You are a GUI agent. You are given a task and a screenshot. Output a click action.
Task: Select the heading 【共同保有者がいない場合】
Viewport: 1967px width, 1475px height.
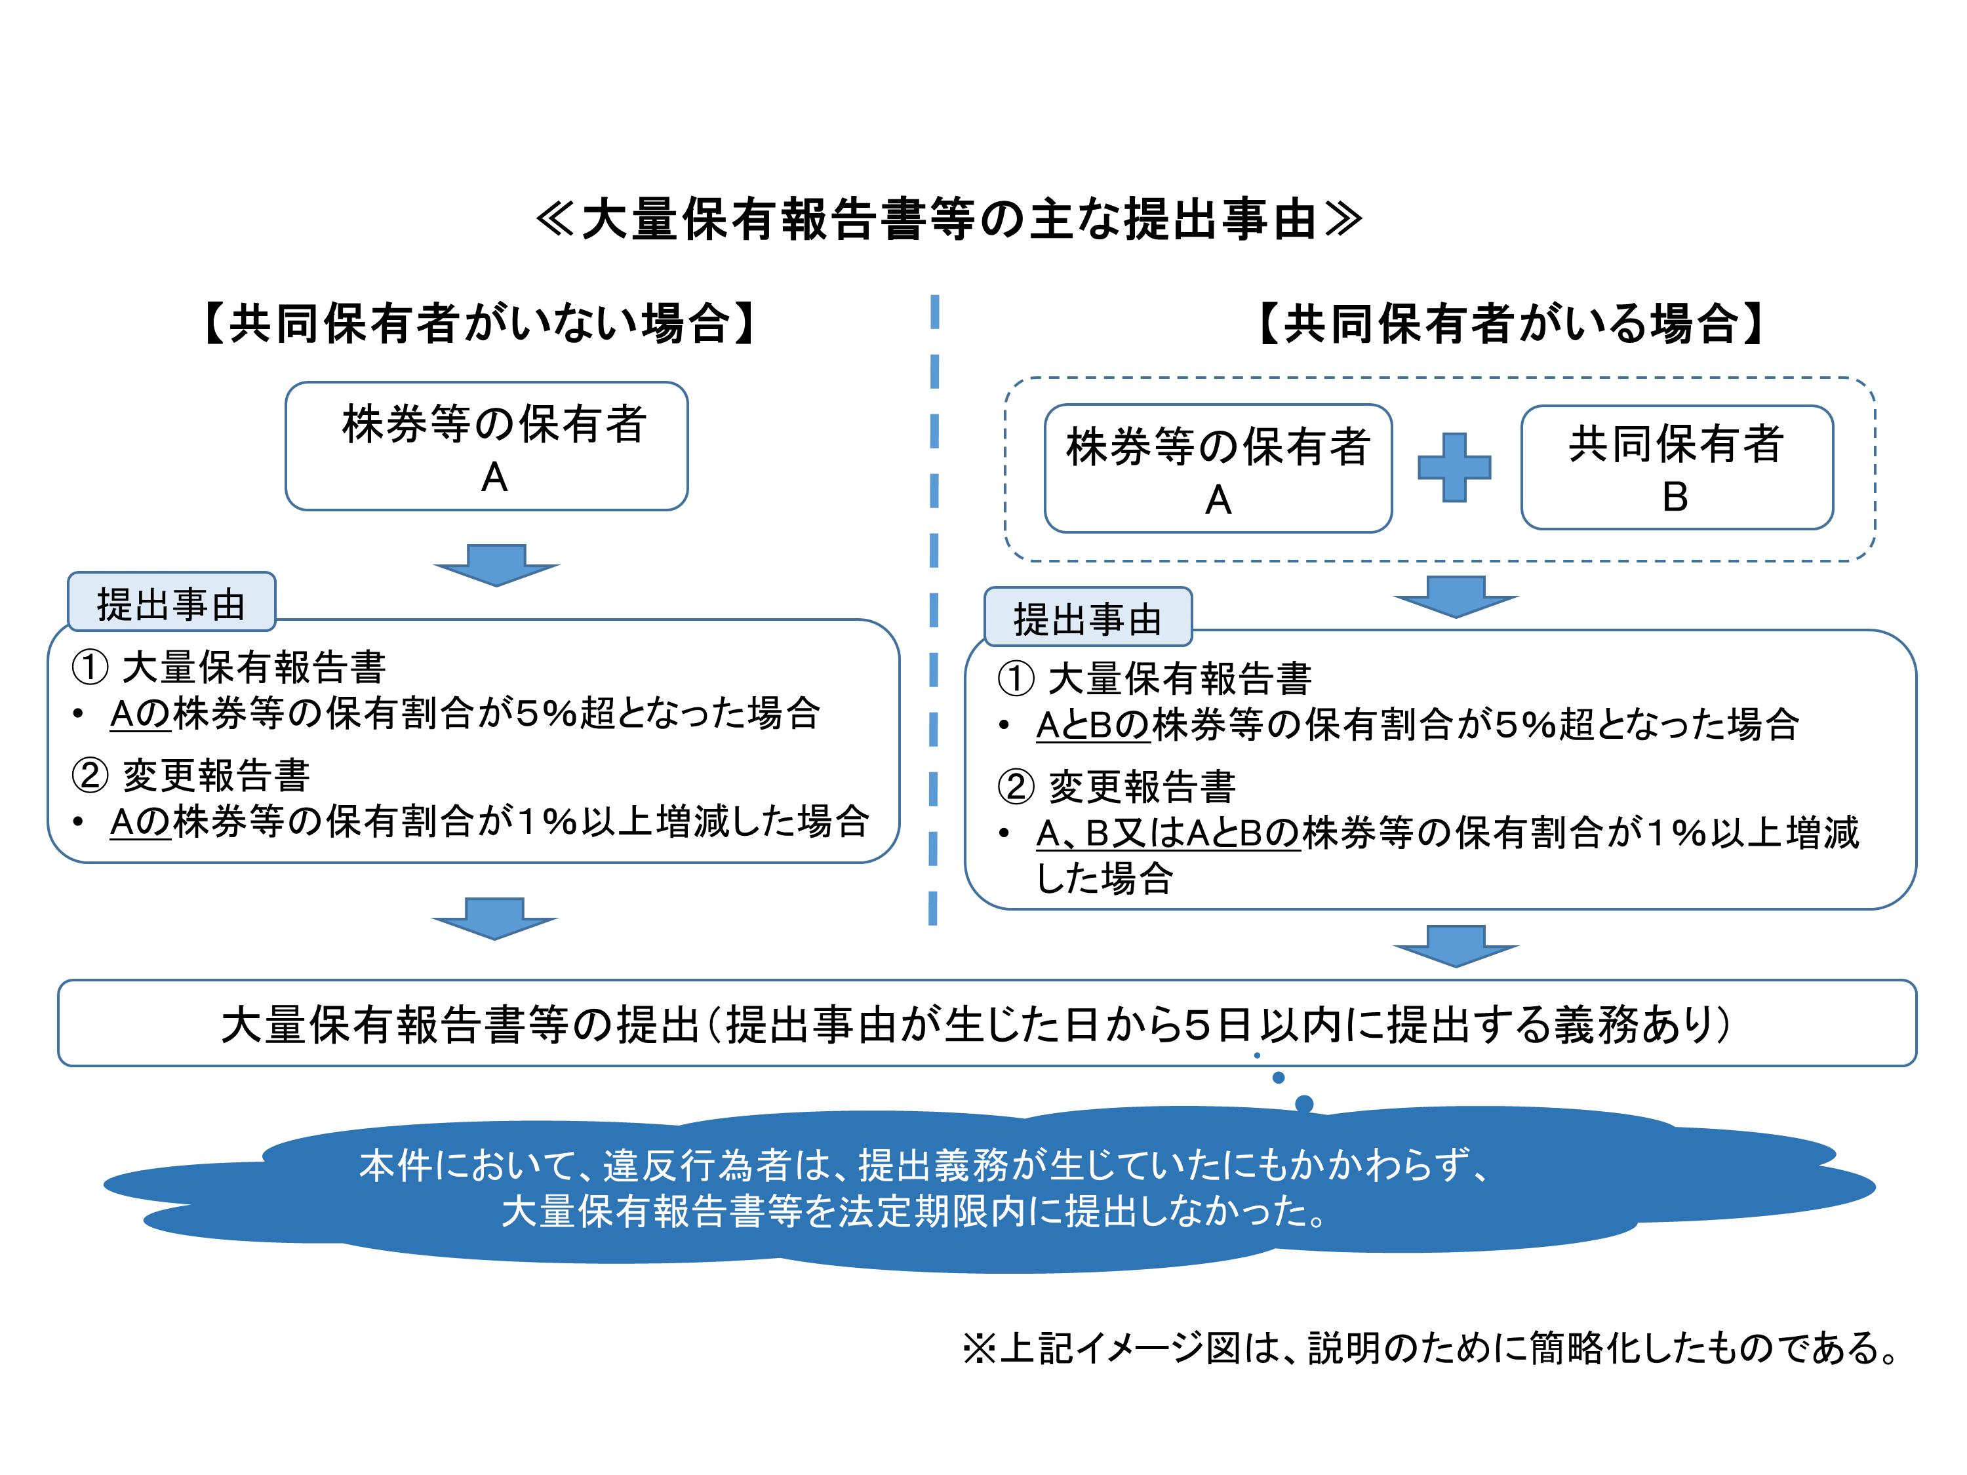coord(479,323)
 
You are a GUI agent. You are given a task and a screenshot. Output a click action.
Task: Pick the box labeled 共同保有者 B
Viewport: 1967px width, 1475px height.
coord(1677,469)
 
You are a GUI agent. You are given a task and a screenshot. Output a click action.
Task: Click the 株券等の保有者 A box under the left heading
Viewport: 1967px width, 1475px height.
coord(487,447)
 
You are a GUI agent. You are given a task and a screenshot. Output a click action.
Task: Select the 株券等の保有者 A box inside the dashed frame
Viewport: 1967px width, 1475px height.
coord(1218,469)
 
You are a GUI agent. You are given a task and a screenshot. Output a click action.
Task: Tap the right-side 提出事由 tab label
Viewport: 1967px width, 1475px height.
coord(1088,618)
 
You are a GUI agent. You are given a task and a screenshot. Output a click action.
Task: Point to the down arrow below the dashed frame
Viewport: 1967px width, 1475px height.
coord(1456,596)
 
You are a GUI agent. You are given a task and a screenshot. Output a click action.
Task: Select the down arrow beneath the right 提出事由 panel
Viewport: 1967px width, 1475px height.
coord(1456,945)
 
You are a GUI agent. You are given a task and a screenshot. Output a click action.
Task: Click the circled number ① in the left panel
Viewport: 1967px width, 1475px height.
coord(90,667)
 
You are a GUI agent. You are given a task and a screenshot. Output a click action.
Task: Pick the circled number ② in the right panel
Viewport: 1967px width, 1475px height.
coord(1016,786)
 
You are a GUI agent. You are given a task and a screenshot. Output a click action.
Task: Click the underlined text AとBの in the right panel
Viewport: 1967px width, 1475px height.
coord(1093,724)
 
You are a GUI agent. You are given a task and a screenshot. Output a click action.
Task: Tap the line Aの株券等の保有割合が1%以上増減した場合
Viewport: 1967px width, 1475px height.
coord(489,821)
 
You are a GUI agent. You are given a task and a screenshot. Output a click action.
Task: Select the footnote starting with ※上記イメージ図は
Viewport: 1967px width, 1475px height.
coord(1432,1348)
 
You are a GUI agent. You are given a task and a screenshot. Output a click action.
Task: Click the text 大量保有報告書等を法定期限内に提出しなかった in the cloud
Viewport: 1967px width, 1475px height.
coord(916,1211)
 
